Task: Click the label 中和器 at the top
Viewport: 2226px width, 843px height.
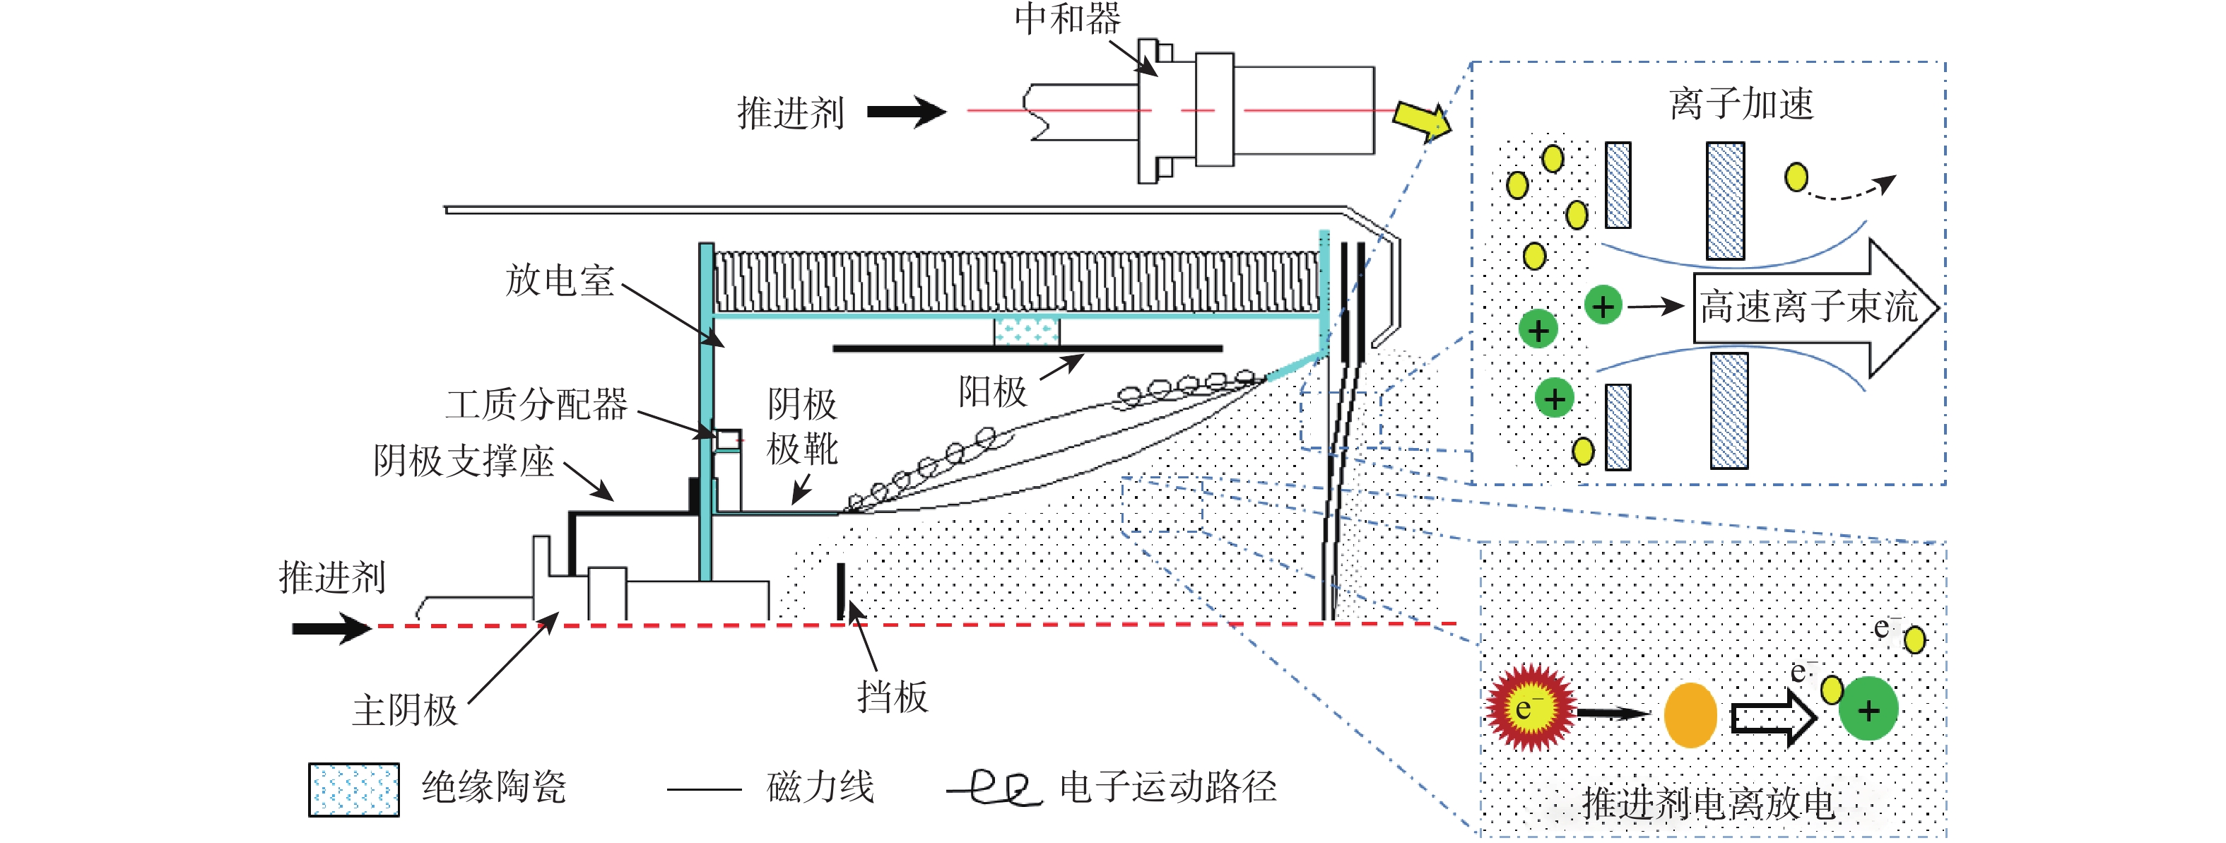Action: (x=1067, y=19)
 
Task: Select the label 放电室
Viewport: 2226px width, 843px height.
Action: (x=559, y=280)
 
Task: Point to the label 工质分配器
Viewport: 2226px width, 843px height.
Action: (x=536, y=404)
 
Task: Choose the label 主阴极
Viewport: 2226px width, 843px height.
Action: (x=404, y=711)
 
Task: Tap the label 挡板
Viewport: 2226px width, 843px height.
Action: (x=893, y=696)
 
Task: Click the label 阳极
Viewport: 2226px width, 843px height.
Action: (x=992, y=392)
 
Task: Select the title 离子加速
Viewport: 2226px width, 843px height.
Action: (x=1741, y=105)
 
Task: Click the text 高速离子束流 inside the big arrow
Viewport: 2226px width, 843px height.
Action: (x=1808, y=307)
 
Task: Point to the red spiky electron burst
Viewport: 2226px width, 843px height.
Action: (x=1529, y=707)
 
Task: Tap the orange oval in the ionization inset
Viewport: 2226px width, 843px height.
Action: (x=1690, y=714)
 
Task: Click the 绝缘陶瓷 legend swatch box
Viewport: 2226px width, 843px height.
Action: (x=353, y=789)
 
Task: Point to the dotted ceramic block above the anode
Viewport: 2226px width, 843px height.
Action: (x=1025, y=330)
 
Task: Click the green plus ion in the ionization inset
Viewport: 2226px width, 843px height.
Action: (x=1868, y=710)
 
